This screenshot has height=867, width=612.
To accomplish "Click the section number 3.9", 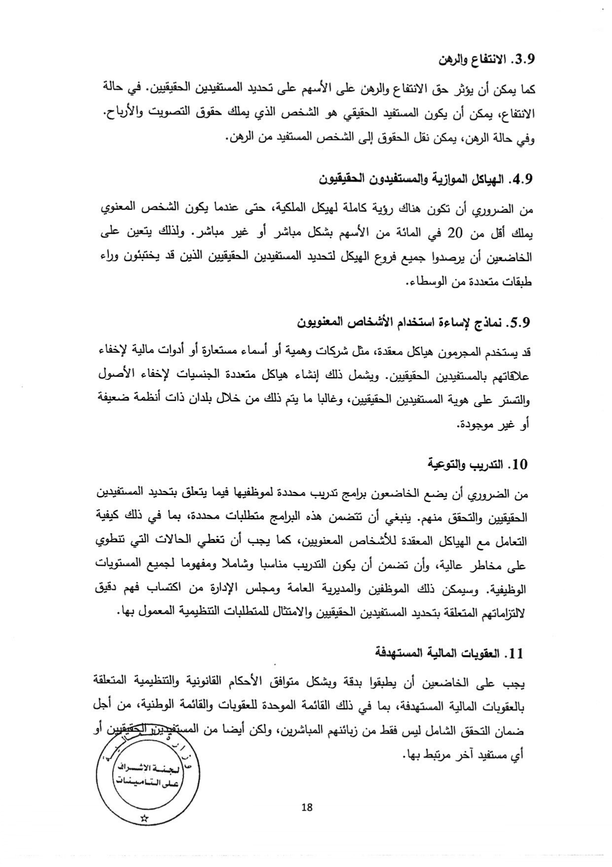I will (x=523, y=60).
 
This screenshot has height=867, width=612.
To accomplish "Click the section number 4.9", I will (x=522, y=179).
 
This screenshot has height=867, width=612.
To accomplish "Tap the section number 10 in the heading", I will (x=520, y=465).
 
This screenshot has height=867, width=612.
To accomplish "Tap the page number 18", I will (x=306, y=807).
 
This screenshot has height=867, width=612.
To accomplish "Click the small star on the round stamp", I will (x=144, y=818).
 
